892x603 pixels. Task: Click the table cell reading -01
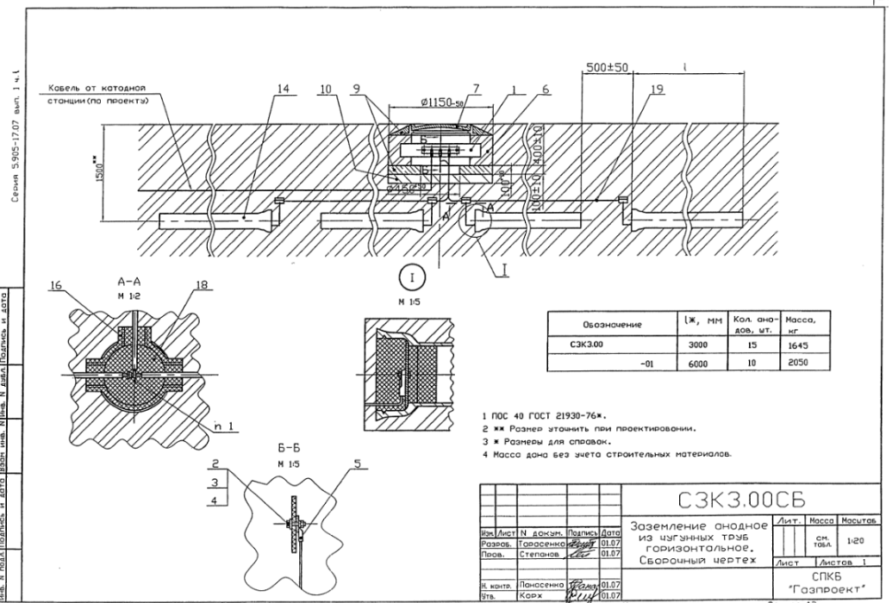[639, 364]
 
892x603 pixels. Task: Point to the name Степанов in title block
[540, 554]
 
